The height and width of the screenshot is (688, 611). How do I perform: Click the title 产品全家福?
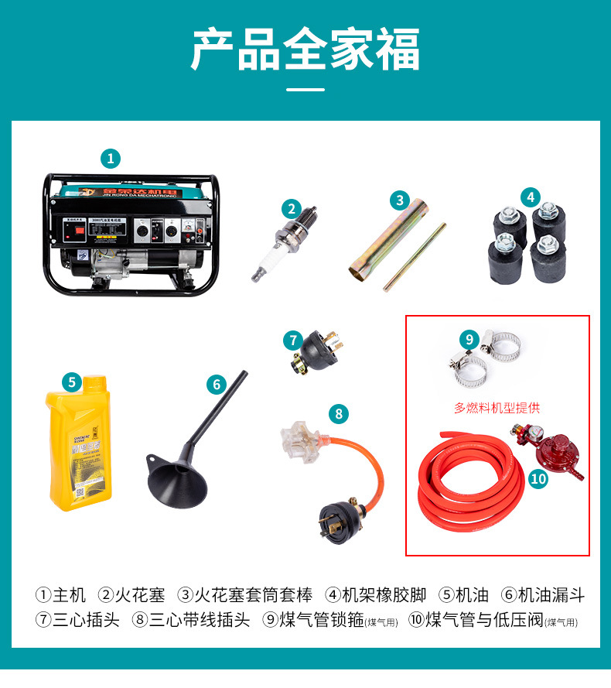click(x=305, y=51)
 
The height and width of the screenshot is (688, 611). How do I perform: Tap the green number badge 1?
click(x=111, y=159)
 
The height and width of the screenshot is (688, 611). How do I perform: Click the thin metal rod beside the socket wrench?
click(x=415, y=256)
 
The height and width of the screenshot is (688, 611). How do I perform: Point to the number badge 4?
click(x=530, y=197)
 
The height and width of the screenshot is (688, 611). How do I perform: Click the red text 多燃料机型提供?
click(x=497, y=408)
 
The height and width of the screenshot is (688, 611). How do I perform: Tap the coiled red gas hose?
click(x=460, y=481)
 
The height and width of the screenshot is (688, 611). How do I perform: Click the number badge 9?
click(x=469, y=339)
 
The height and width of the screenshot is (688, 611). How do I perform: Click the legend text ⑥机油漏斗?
click(x=542, y=595)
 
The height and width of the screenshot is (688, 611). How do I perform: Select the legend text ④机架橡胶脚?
click(x=375, y=595)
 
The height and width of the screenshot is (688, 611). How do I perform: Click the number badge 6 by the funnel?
click(x=217, y=384)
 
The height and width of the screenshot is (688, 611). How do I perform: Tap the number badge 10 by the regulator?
click(x=538, y=479)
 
